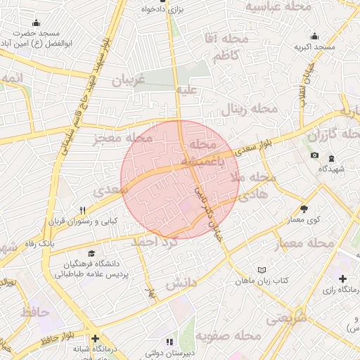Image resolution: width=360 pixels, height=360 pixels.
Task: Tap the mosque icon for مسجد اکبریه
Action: point(313,36)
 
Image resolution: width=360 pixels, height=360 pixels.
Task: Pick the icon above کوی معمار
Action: point(304,208)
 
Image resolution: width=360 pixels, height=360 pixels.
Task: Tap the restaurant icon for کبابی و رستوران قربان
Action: point(83,210)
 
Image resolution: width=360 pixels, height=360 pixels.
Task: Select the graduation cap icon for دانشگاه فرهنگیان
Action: point(91,253)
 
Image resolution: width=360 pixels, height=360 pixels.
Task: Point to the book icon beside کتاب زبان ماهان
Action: point(262,270)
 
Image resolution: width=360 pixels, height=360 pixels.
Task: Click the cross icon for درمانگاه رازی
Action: point(342,279)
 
